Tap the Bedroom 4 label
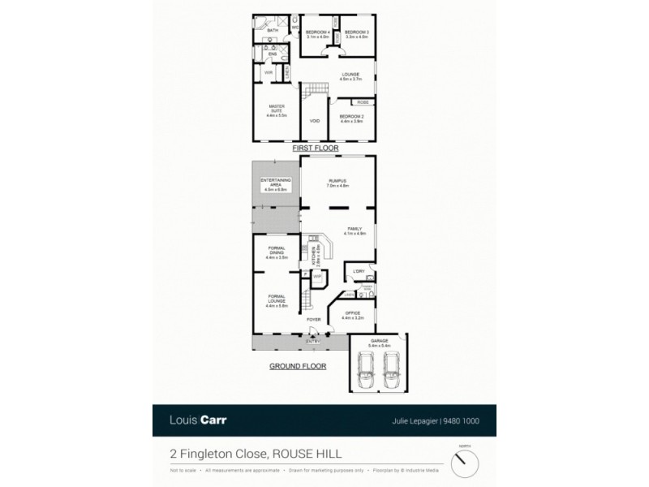pyautogui.click(x=317, y=33)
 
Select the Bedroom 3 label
pyautogui.click(x=358, y=33)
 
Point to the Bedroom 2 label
pyautogui.click(x=352, y=118)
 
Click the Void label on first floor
pyautogui.click(x=315, y=122)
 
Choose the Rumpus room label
pyautogui.click(x=338, y=183)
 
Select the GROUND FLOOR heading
pyautogui.click(x=299, y=367)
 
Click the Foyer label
pyautogui.click(x=314, y=320)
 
